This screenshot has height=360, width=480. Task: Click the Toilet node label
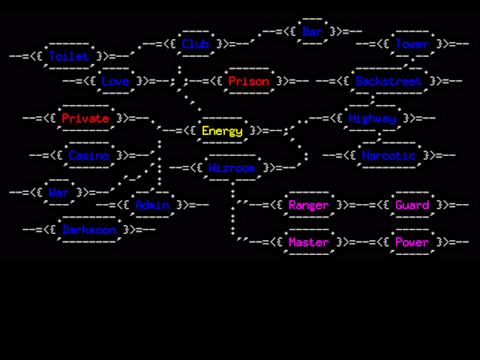click(68, 56)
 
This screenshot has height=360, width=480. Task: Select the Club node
click(196, 44)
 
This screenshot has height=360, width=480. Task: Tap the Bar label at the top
click(312, 31)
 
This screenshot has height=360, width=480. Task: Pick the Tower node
click(412, 44)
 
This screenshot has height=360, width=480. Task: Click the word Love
click(115, 81)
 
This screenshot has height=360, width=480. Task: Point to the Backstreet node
click(388, 81)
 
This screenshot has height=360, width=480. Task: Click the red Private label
click(85, 118)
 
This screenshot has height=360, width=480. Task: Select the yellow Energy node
click(222, 131)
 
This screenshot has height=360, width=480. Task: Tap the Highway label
click(372, 118)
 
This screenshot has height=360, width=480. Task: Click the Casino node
click(88, 156)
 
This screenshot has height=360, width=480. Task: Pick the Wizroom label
click(232, 168)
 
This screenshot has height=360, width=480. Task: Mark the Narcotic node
click(388, 156)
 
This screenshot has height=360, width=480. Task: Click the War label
click(58, 193)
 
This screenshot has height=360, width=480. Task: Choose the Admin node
click(151, 205)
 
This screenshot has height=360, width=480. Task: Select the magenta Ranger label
click(308, 205)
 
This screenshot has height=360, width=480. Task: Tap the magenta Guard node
click(412, 205)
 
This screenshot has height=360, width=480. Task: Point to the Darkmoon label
click(88, 229)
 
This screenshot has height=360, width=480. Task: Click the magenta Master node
click(308, 242)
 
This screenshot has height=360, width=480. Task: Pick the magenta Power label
click(412, 242)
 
